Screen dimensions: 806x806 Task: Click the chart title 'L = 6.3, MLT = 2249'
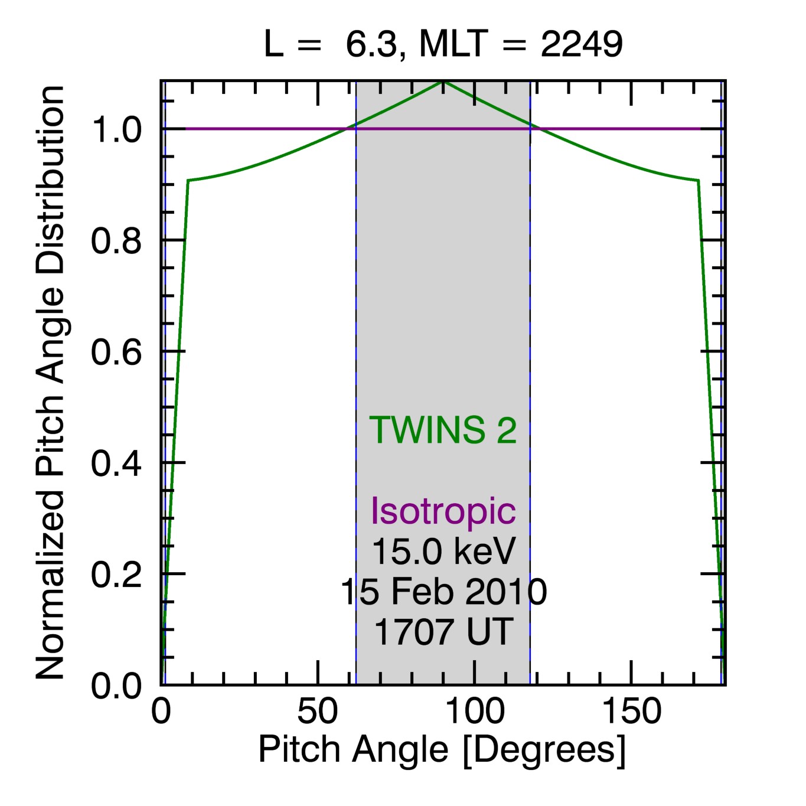pyautogui.click(x=443, y=44)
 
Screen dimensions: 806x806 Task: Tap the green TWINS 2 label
pyautogui.click(x=443, y=430)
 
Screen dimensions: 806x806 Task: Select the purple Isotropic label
pyautogui.click(x=443, y=510)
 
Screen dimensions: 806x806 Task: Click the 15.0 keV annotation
pyautogui.click(x=443, y=551)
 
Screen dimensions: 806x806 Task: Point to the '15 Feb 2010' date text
pyautogui.click(x=443, y=591)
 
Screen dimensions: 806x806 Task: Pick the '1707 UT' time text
pyautogui.click(x=443, y=631)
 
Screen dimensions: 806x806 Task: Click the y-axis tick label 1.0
pyautogui.click(x=116, y=130)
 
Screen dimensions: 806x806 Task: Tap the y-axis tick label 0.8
pyautogui.click(x=116, y=241)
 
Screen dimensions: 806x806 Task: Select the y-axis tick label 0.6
pyautogui.click(x=116, y=352)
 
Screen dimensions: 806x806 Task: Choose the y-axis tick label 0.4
pyautogui.click(x=116, y=464)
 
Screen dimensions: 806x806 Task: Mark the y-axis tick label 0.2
pyautogui.click(x=116, y=574)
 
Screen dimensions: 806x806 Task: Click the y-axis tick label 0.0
pyautogui.click(x=116, y=686)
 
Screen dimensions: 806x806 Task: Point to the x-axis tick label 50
pyautogui.click(x=318, y=712)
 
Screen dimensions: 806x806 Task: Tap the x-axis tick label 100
pyautogui.click(x=475, y=712)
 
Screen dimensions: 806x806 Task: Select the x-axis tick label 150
pyautogui.click(x=631, y=712)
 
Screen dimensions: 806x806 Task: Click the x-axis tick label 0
pyautogui.click(x=161, y=712)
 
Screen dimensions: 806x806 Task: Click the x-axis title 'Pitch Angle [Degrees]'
pyautogui.click(x=442, y=750)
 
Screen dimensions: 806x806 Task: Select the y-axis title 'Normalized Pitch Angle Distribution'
pyautogui.click(x=50, y=383)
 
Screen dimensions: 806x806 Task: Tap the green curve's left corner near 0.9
pyautogui.click(x=188, y=180)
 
